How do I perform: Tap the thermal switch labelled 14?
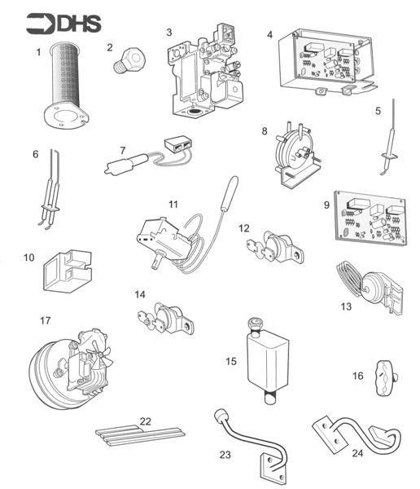click(x=168, y=317)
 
